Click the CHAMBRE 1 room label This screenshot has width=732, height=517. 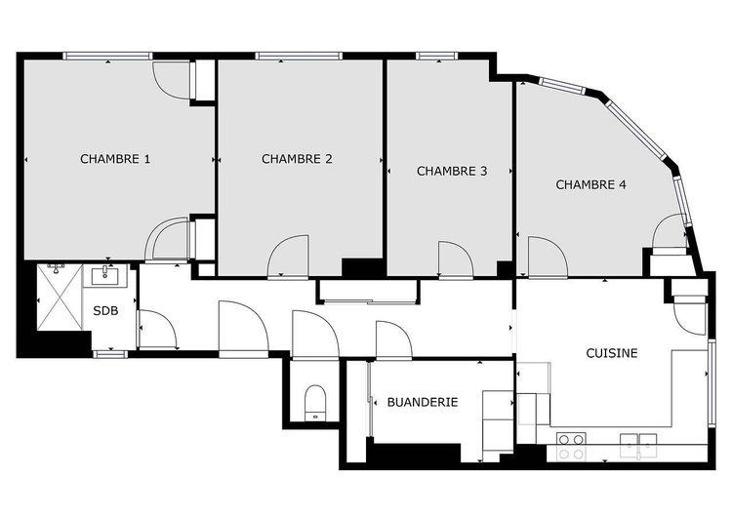[115, 158]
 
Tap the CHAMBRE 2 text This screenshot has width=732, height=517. [298, 158]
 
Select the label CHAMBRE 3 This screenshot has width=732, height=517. [452, 171]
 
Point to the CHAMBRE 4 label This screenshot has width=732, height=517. [591, 183]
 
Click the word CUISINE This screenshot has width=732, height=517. [612, 353]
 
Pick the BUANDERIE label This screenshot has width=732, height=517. [423, 401]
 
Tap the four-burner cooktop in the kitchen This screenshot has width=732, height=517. [571, 447]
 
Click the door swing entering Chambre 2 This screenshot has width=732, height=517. [290, 257]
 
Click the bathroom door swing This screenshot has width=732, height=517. [155, 329]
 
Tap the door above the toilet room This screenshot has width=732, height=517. [314, 336]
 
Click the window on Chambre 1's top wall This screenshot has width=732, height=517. [107, 56]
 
